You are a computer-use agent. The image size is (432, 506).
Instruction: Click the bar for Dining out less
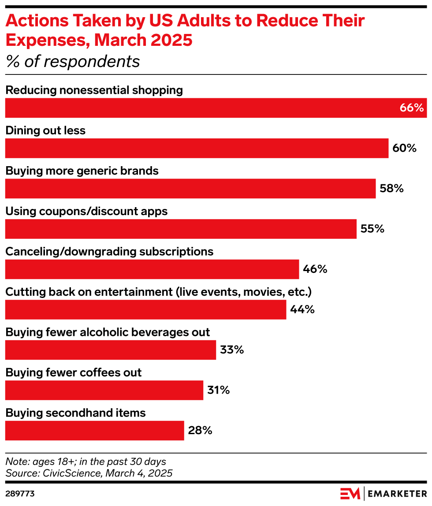197,148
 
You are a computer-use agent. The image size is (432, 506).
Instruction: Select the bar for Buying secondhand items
94,431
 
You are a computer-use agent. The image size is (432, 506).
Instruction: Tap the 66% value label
412,108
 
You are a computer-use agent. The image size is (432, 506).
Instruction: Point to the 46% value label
315,269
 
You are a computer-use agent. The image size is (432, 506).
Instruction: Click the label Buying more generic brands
82,171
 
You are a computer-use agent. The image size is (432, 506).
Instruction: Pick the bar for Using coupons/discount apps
181,229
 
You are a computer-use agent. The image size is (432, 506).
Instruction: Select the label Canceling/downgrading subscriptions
109,252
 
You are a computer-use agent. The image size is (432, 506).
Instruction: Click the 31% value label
219,390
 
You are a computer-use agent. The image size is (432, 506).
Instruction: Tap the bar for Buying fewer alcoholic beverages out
111,350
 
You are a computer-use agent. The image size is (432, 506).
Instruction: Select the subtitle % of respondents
73,62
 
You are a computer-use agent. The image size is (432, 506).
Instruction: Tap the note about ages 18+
86,462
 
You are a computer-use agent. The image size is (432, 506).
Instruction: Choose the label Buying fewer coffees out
74,372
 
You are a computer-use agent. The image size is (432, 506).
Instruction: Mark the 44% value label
302,309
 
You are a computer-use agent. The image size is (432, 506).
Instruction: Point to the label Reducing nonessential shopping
94,90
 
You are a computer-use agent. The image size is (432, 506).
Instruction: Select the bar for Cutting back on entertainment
145,310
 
